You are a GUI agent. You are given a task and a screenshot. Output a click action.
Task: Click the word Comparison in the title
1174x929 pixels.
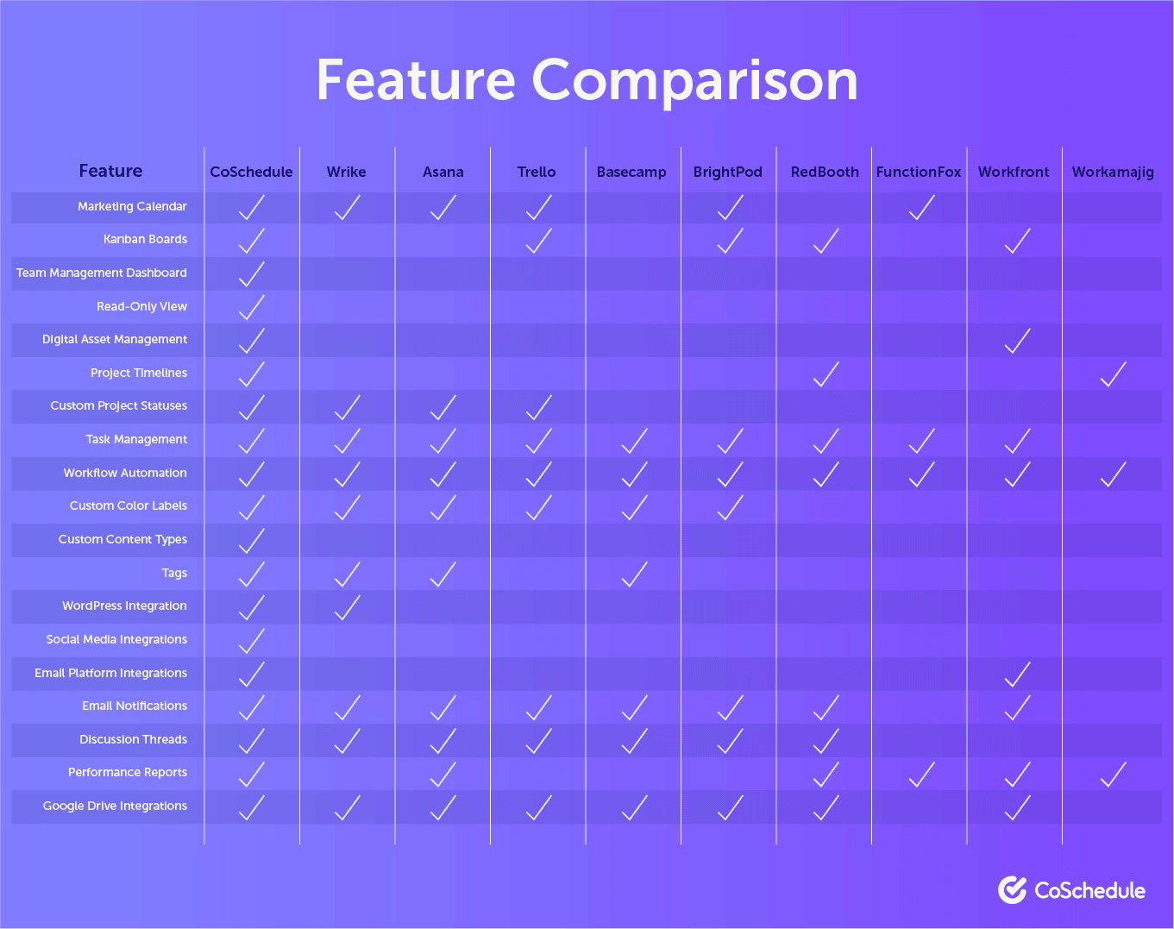694,82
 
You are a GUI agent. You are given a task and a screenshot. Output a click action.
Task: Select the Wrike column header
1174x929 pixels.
347,172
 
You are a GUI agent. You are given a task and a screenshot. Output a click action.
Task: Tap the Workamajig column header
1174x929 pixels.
1113,173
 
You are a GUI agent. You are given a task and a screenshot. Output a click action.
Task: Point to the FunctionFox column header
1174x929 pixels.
919,172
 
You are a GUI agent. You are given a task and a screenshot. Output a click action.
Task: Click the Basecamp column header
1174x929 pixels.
631,173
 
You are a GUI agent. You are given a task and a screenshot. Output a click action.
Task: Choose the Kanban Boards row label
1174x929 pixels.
145,239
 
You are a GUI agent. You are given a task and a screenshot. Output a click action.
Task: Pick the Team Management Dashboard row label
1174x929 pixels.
102,273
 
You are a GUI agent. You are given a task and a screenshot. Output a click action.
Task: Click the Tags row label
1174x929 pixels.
174,573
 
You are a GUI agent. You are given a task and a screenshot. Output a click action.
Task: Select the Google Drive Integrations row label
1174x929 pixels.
115,806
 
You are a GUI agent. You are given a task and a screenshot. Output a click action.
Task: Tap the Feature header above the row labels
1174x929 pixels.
110,171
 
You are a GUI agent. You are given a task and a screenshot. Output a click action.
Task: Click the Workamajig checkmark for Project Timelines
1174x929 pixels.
1113,374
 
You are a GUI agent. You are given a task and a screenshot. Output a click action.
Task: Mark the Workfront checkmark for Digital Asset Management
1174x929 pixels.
1017,341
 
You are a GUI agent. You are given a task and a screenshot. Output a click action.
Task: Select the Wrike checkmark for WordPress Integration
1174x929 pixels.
347,608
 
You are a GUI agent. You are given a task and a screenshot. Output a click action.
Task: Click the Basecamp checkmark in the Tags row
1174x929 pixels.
634,574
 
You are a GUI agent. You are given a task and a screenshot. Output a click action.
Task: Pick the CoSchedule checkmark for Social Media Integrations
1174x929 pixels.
252,641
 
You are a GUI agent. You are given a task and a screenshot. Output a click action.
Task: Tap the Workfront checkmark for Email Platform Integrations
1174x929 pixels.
1017,675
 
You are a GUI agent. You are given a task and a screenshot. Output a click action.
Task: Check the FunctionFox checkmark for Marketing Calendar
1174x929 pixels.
921,207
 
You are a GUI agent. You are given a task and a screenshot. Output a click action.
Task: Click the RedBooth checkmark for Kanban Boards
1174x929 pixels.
826,241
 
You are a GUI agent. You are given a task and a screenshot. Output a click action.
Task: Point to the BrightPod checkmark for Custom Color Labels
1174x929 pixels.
730,507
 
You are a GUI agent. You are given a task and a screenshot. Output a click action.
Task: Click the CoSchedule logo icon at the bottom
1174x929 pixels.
1013,890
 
